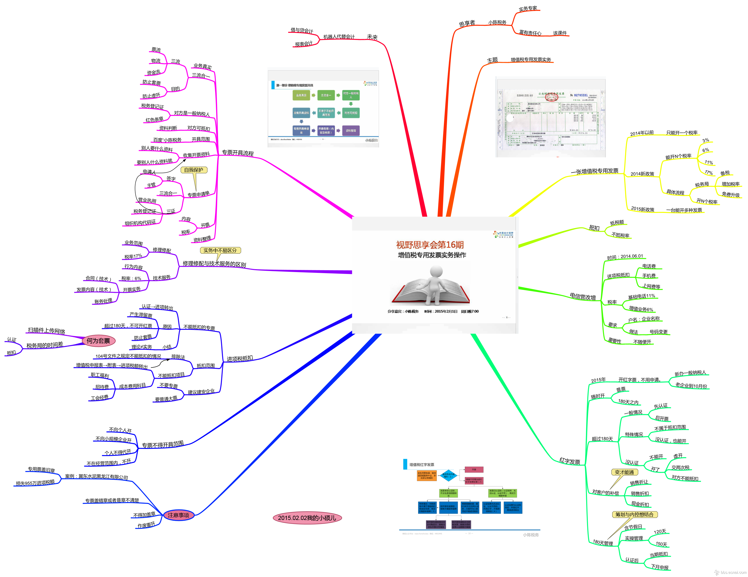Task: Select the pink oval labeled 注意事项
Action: [178, 515]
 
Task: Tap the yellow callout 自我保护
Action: [194, 170]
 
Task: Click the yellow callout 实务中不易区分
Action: [220, 250]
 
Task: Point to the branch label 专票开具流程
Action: [238, 153]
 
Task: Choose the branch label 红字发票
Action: [570, 461]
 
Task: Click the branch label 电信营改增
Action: [583, 297]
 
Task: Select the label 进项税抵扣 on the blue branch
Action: [240, 359]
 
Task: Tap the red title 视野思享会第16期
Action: [430, 244]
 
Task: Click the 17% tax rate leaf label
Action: [709, 172]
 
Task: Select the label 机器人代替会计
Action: [339, 37]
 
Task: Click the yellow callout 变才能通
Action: [624, 472]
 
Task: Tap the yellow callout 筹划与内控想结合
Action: [634, 514]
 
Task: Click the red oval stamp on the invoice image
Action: [551, 97]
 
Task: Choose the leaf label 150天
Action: [661, 544]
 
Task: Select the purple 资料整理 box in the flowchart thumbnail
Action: [351, 131]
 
